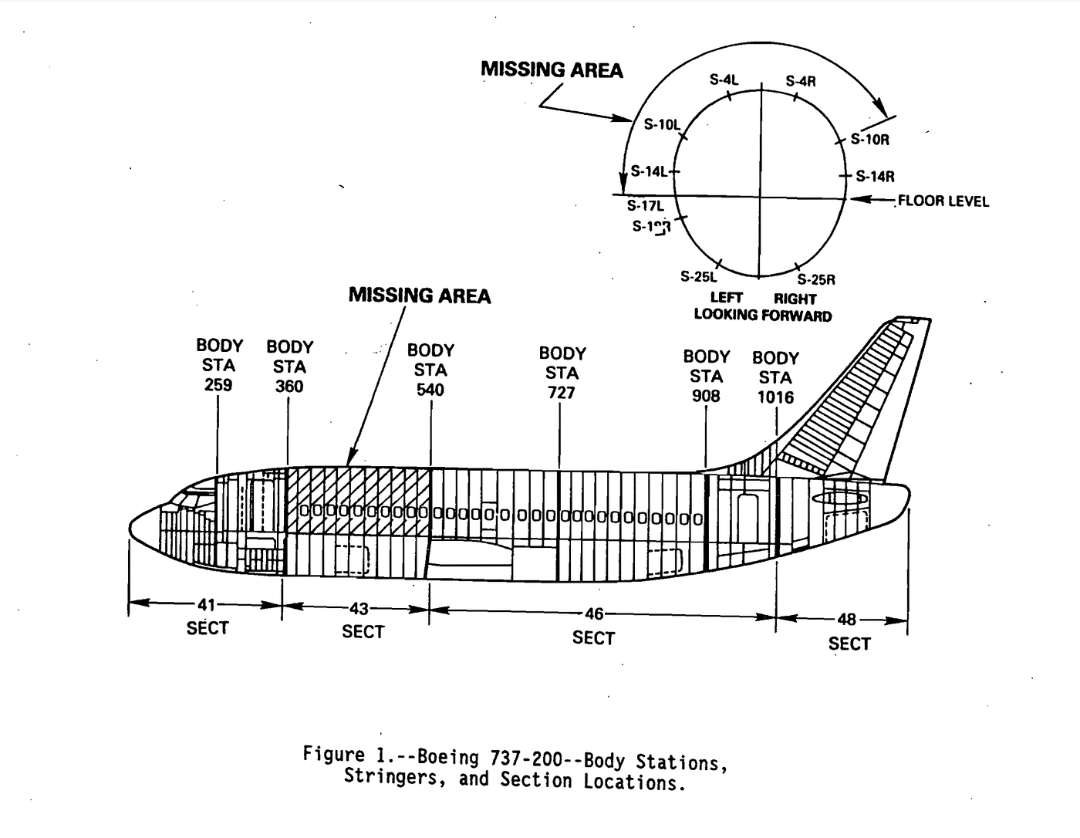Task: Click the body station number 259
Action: (218, 384)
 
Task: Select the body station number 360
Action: (289, 387)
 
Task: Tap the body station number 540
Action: (430, 390)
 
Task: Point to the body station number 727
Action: (562, 393)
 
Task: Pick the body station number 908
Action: (706, 396)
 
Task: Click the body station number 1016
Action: (775, 397)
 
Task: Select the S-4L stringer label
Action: (724, 79)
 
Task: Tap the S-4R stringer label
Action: (801, 81)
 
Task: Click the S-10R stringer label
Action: (869, 140)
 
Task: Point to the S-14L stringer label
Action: (649, 171)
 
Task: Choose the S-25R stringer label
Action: (816, 279)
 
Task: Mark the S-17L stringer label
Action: (645, 206)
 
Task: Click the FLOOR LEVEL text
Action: (943, 201)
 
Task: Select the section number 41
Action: (206, 605)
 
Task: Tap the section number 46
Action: (593, 614)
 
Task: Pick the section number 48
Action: (846, 620)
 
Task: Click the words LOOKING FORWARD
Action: (762, 315)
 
